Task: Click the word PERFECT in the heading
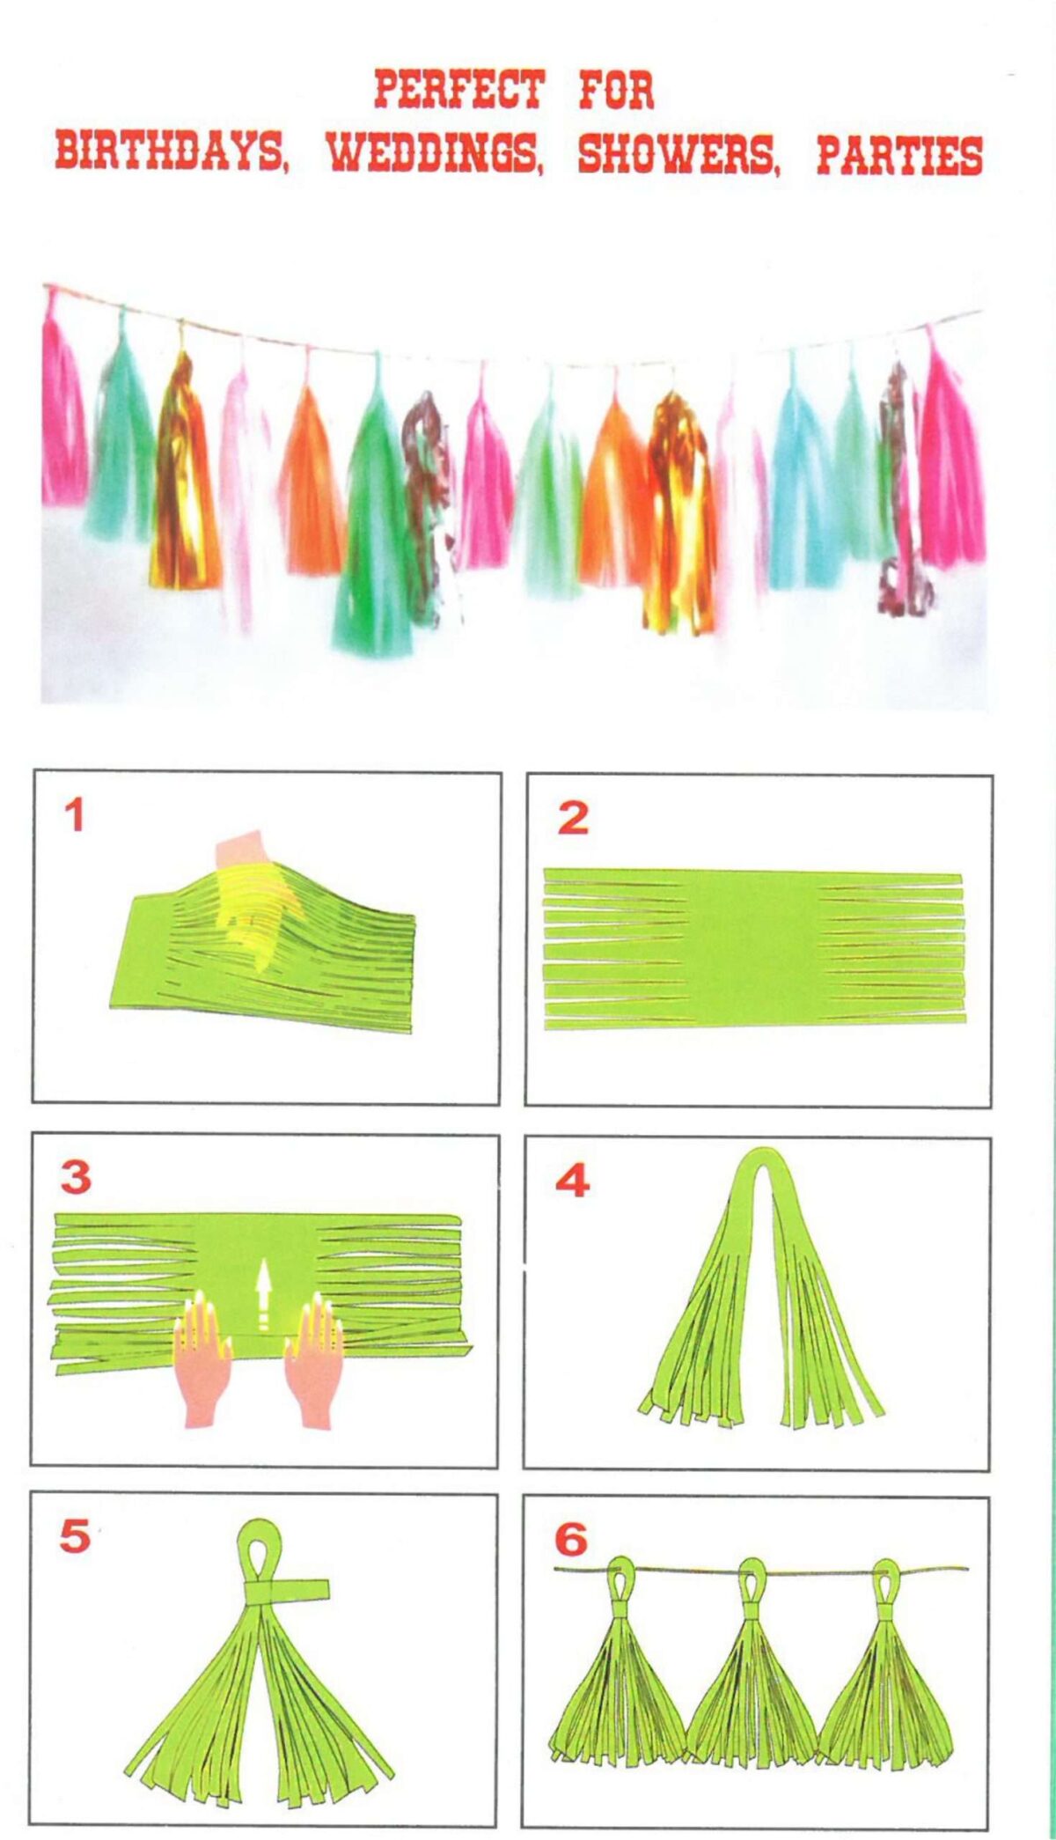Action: [x=459, y=90]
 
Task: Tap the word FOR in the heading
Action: [x=616, y=90]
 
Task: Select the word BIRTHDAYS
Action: [x=171, y=153]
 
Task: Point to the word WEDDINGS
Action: [x=435, y=153]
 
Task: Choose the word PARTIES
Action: [x=899, y=155]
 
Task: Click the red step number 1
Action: [x=75, y=814]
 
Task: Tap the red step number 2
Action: [x=573, y=818]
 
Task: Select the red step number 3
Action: [x=76, y=1177]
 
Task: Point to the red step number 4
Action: [x=572, y=1181]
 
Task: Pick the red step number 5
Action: [x=75, y=1536]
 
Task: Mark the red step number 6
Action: [x=570, y=1540]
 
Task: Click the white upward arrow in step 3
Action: [x=262, y=1296]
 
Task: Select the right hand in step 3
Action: [x=313, y=1358]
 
